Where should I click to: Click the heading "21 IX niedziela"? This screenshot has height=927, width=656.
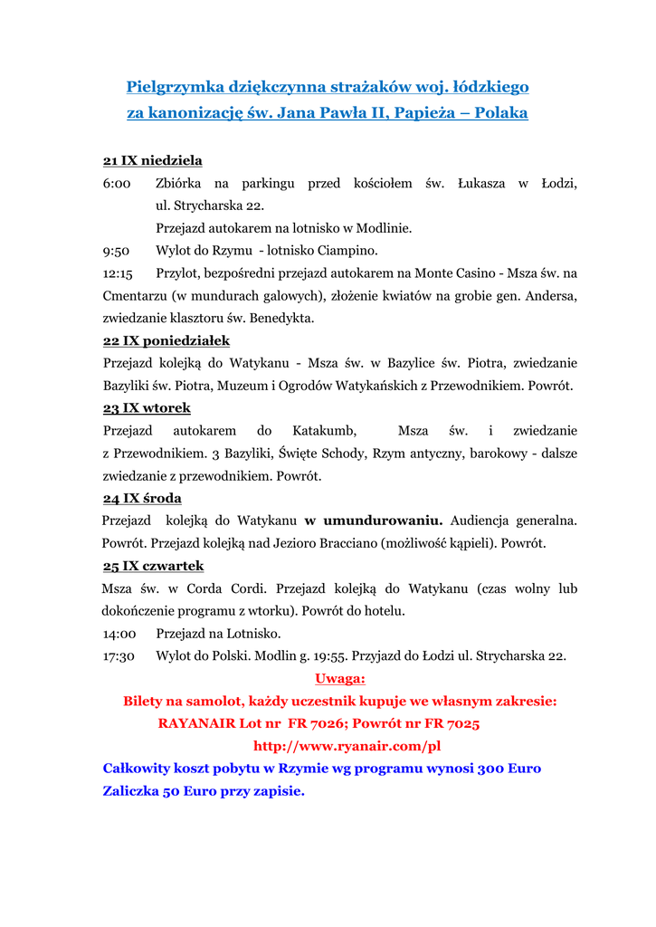(x=152, y=160)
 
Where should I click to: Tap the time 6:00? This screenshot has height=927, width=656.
(x=117, y=184)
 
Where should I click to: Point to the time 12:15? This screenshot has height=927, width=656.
(x=118, y=273)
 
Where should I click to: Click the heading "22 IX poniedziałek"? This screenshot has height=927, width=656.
(x=166, y=341)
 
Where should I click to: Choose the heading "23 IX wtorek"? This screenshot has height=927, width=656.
(x=147, y=408)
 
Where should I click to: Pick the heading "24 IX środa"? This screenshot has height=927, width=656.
(x=142, y=499)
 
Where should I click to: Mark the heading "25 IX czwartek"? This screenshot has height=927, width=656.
(x=153, y=567)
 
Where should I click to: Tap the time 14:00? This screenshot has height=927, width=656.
(x=119, y=634)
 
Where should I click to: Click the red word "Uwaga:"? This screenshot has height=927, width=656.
(x=339, y=679)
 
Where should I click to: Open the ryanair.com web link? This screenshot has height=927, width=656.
(x=347, y=747)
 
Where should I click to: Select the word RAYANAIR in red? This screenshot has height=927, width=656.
(x=195, y=724)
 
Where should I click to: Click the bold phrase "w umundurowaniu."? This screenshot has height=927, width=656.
(x=373, y=521)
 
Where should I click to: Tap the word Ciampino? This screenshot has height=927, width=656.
(x=347, y=251)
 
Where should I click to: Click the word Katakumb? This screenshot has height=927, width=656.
(x=324, y=431)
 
